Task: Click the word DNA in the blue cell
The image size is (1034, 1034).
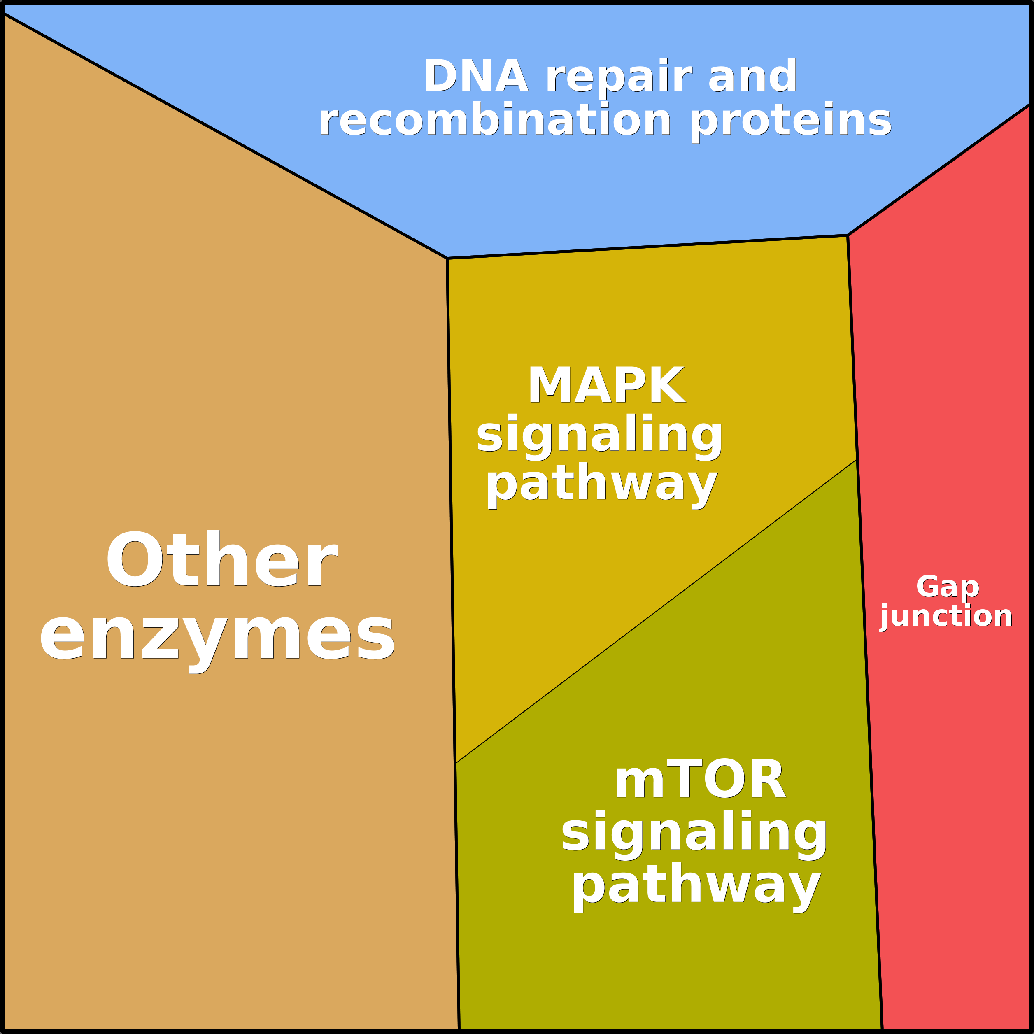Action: click(x=475, y=77)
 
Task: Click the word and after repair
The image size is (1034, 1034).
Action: click(x=752, y=77)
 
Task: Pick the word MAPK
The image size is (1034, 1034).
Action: click(x=606, y=385)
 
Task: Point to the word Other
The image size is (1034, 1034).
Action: click(x=221, y=560)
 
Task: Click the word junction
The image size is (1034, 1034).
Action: click(x=947, y=617)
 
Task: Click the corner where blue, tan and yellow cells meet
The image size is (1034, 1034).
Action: click(x=447, y=258)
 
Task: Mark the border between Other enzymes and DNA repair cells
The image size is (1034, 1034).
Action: click(x=225, y=136)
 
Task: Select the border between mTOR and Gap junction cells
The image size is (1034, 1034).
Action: click(x=869, y=749)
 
